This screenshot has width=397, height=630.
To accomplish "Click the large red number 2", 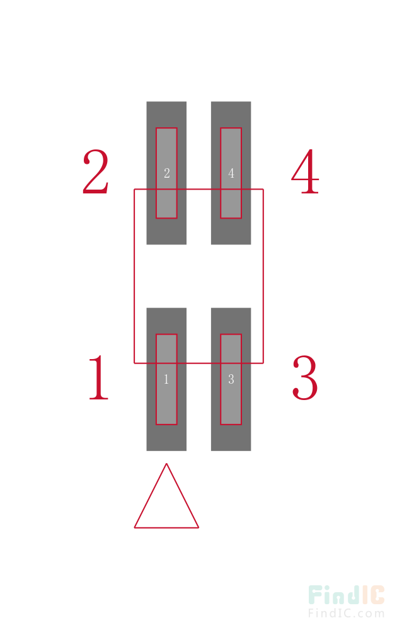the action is coord(96,171).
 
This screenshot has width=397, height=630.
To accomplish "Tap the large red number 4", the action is coord(306,171).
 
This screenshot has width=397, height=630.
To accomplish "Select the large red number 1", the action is coord(98,377).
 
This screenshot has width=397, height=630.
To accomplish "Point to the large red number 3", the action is coord(306,377).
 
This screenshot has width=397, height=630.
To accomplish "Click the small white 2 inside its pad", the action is coord(167,173).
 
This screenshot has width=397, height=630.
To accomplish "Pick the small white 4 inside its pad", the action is coord(231,173).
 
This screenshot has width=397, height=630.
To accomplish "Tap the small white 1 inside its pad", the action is coord(166,379).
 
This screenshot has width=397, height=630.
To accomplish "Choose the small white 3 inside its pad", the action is coord(231,379).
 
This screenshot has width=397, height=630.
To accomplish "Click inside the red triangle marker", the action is coord(166,507).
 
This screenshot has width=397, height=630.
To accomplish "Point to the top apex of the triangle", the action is coord(166,464).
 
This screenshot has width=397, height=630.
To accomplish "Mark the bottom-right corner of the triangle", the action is coord(198,527).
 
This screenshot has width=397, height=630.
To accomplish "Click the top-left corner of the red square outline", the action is coord(134,189).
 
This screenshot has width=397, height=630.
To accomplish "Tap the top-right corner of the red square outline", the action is coord(263,189).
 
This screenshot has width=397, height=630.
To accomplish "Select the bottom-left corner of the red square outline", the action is coord(134,364).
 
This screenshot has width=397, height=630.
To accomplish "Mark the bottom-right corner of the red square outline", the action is coord(263,364).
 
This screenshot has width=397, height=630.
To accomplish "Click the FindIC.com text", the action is coord(346,614).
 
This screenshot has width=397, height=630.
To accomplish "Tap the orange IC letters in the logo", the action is coord(373,595).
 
